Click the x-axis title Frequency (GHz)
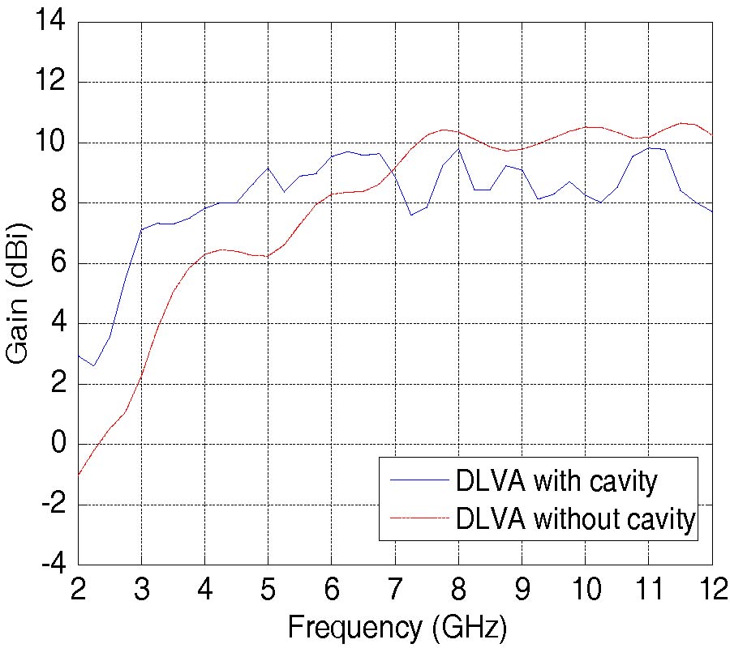coord(397,626)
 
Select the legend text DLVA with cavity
coord(556,481)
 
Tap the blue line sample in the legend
coord(419,480)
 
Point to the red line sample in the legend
coord(419,517)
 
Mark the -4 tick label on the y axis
coord(54,565)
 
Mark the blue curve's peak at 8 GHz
coord(458,148)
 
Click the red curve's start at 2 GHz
coord(79,475)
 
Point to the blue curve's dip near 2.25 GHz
coord(94,365)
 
